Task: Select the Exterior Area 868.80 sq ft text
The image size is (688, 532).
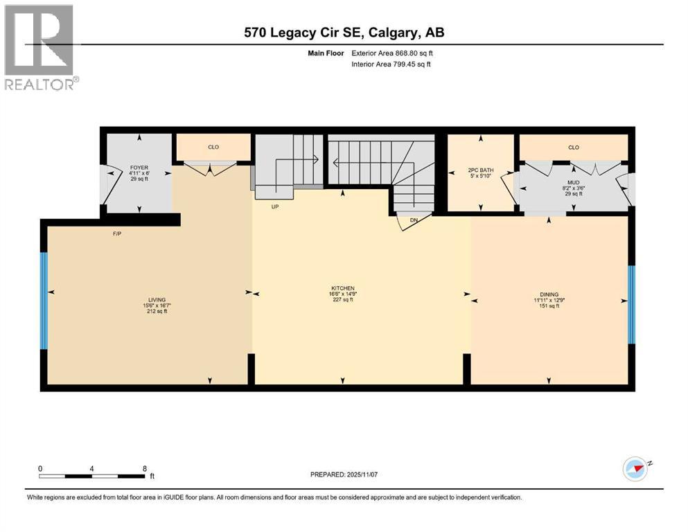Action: point(392,53)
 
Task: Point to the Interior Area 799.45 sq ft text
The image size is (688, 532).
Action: point(391,64)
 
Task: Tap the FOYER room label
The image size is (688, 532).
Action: point(139,168)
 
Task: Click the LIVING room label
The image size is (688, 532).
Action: point(157,300)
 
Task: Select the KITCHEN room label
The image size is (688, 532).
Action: point(343,288)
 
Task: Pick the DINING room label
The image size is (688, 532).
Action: point(549,294)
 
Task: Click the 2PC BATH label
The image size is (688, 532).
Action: point(480,170)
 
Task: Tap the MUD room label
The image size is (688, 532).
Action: point(574,182)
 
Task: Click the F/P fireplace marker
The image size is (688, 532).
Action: point(117,233)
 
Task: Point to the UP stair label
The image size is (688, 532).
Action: point(274,206)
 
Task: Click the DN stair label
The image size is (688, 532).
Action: point(414,220)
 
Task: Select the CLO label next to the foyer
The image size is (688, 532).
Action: point(213,147)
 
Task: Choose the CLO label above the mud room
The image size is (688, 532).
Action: point(574,148)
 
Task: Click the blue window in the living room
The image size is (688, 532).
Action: point(44,301)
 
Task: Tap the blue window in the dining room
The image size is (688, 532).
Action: point(631,304)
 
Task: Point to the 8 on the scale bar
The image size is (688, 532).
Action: point(145,468)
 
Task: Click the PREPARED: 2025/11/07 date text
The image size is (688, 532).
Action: point(344,475)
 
